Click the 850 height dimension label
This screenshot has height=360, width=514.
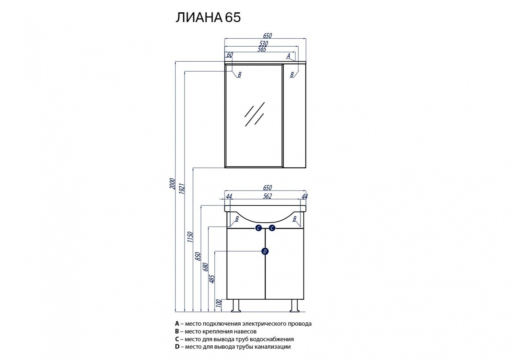tap(199, 256)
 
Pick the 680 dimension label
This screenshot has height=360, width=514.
tap(206, 267)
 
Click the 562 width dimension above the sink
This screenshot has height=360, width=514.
tap(267, 196)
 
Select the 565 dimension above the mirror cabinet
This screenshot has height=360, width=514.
tap(262, 49)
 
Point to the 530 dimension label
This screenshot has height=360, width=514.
tap(263, 43)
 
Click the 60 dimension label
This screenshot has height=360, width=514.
tap(230, 55)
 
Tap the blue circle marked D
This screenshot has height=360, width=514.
tap(265, 251)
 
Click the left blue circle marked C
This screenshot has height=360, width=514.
tap(258, 228)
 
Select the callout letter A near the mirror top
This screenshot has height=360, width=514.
tap(289, 56)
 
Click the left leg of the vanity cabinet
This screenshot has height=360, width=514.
tap(236, 306)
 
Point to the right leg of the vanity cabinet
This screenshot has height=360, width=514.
tap(294, 306)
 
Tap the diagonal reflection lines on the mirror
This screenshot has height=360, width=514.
tap(255, 114)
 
